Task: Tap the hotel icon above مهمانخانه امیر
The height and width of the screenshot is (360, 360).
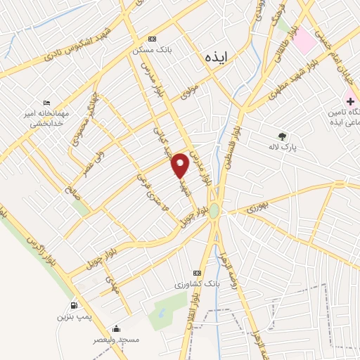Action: (x=46, y=103)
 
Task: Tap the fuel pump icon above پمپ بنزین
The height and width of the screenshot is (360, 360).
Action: (x=74, y=306)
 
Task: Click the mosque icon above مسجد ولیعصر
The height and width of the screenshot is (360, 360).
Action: (x=116, y=328)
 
